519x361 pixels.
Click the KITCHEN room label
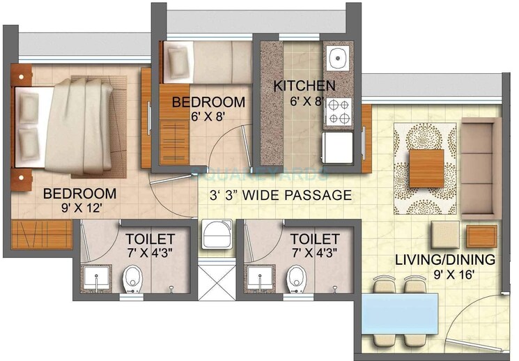pyautogui.click(x=304, y=86)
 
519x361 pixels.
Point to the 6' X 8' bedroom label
pyautogui.click(x=209, y=117)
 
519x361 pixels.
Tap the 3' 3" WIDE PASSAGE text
pyautogui.click(x=281, y=195)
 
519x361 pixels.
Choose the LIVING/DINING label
pyautogui.click(x=445, y=260)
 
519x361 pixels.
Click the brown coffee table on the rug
pyautogui.click(x=426, y=169)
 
